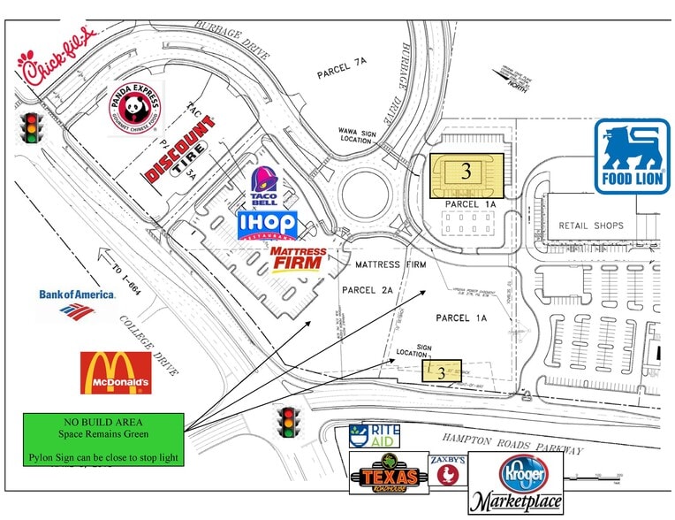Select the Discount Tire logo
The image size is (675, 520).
(x=180, y=152)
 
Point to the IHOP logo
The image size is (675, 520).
(x=267, y=226)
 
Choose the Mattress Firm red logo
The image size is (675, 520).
(x=299, y=260)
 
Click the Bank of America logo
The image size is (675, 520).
(x=77, y=302)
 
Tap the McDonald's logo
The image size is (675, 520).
(x=116, y=373)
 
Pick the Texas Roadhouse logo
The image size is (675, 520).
(x=389, y=475)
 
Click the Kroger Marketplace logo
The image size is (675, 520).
(x=520, y=484)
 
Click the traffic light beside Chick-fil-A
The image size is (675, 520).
(x=33, y=127)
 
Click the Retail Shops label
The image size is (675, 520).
(x=591, y=226)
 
